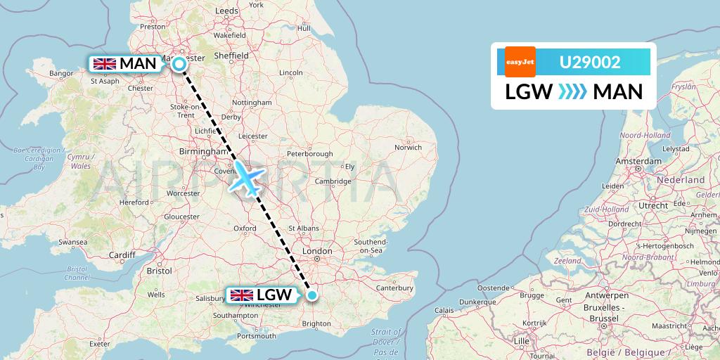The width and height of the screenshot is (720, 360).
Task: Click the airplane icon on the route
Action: click(x=246, y=177)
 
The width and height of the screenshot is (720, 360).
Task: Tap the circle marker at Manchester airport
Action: click(x=179, y=64)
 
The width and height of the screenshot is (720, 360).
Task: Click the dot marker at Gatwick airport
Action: click(x=311, y=295)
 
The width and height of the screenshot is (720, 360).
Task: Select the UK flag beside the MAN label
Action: click(x=105, y=64)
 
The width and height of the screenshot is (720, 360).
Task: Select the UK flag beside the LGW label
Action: click(x=242, y=295)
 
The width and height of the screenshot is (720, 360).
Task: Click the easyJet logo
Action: click(x=520, y=62)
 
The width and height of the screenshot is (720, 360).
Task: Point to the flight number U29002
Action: click(x=590, y=63)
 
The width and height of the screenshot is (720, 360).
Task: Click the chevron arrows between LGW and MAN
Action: click(x=572, y=92)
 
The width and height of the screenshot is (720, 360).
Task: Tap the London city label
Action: click(x=316, y=251)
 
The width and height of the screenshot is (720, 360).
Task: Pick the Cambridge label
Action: click(x=333, y=181)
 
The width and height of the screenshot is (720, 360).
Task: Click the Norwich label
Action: click(x=408, y=147)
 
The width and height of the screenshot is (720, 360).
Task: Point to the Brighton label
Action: click(x=316, y=324)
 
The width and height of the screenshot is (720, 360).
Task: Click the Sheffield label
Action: click(x=231, y=56)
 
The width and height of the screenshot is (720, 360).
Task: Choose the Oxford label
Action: click(x=245, y=228)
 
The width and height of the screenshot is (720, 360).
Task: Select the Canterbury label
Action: click(x=394, y=288)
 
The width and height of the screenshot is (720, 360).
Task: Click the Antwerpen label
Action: click(x=606, y=295)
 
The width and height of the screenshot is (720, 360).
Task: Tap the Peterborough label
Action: click(x=309, y=154)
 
